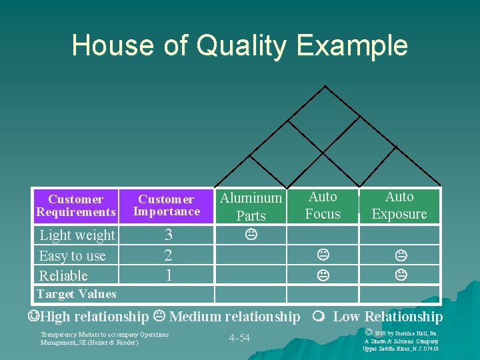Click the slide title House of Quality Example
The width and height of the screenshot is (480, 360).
pyautogui.click(x=239, y=45)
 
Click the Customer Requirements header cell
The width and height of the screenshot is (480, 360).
pyautogui.click(x=76, y=205)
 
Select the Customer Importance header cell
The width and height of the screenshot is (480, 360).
pyautogui.click(x=167, y=205)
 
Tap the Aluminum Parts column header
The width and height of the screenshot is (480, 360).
pyautogui.click(x=251, y=207)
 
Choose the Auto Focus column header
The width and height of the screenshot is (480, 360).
pyautogui.click(x=323, y=205)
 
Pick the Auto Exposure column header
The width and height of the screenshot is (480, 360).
pyautogui.click(x=399, y=205)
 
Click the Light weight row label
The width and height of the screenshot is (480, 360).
pyautogui.click(x=77, y=235)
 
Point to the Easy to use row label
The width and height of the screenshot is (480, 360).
pyautogui.click(x=72, y=256)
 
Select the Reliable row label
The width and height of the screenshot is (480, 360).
pyautogui.click(x=63, y=275)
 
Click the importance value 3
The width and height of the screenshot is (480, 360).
pyautogui.click(x=168, y=235)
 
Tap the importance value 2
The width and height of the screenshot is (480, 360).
pyautogui.click(x=168, y=255)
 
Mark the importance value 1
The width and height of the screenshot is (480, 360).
pyautogui.click(x=168, y=275)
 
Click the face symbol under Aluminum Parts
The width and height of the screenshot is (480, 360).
pyautogui.click(x=251, y=235)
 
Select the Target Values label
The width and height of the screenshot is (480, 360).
pyautogui.click(x=76, y=294)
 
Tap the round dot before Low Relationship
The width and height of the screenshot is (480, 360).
pyautogui.click(x=321, y=317)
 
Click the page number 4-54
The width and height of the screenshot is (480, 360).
pyautogui.click(x=239, y=338)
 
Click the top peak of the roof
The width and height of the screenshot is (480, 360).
pyautogui.click(x=325, y=87)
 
